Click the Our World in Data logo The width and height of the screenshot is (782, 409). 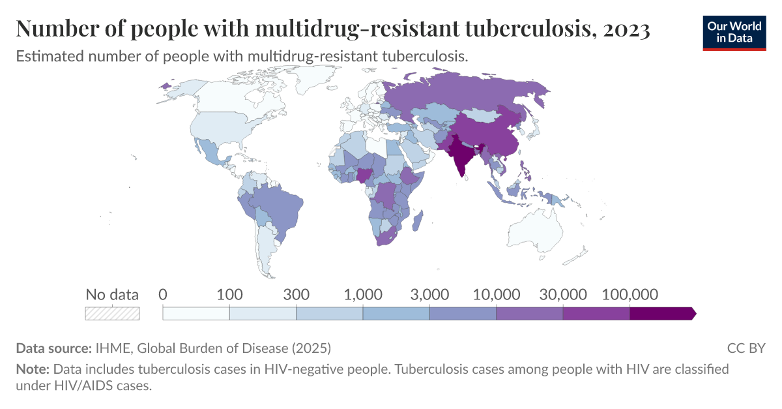tap(734, 33)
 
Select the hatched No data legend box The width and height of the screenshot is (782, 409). tap(112, 313)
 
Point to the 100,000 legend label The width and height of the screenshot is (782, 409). tap(630, 294)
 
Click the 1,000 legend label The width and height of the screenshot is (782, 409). tap(363, 294)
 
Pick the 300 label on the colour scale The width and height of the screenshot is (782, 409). tap(297, 294)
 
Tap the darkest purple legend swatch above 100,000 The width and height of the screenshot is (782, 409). tap(662, 313)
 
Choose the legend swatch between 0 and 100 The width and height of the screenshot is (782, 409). tap(196, 313)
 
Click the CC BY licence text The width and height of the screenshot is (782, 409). tap(746, 348)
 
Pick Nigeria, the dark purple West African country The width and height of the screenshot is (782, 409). tap(364, 175)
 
